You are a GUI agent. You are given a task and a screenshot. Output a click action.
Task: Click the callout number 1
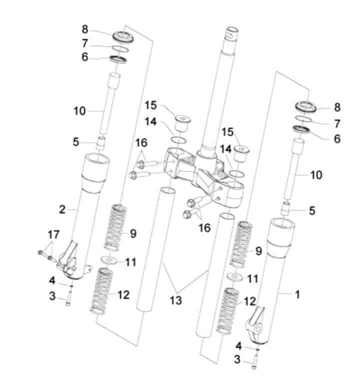click(x=297, y=295)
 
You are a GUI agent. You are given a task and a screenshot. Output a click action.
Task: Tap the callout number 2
click(x=62, y=209)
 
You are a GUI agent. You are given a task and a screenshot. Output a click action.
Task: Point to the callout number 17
click(x=53, y=234)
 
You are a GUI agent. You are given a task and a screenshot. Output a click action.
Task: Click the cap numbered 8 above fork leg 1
click(x=303, y=107)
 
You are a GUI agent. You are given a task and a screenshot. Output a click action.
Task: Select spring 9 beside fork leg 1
click(x=242, y=243)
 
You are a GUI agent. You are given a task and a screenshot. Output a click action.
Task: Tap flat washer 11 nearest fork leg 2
click(x=108, y=260)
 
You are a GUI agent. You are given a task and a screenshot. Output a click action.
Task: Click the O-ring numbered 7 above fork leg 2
click(x=120, y=48)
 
